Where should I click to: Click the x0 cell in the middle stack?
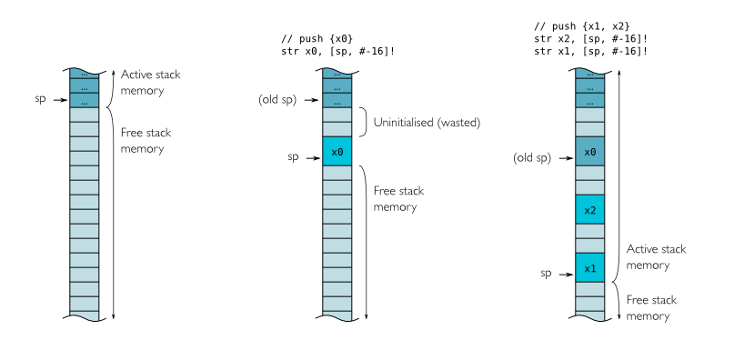coord(337,152)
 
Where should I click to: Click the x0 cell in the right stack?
coord(589,152)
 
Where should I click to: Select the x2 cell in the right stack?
coord(589,210)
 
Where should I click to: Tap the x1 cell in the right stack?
coord(589,268)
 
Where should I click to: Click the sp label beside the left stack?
coord(40,98)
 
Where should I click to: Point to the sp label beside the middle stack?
coord(293,157)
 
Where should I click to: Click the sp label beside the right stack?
coord(547,273)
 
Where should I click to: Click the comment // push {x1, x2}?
coord(581,27)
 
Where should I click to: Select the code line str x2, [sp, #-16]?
coord(591,39)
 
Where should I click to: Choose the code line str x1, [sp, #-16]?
coord(591,51)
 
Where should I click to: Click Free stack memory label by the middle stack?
coord(398,199)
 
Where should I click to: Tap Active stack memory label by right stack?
coord(657,257)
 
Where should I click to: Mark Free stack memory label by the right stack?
coord(651,308)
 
